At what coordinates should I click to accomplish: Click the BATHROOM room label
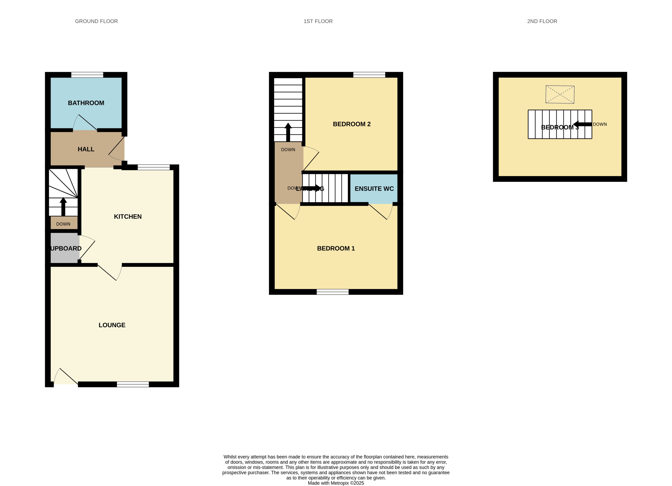pyautogui.click(x=86, y=103)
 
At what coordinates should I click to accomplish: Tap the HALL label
pyautogui.click(x=86, y=149)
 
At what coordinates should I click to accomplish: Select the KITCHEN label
pyautogui.click(x=128, y=217)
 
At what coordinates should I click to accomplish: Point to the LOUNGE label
pyautogui.click(x=112, y=325)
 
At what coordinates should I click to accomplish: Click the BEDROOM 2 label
pyautogui.click(x=352, y=124)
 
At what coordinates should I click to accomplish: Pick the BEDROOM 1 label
pyautogui.click(x=336, y=248)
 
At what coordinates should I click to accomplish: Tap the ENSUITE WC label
pyautogui.click(x=374, y=189)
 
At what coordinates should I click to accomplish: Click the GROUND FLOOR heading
pyautogui.click(x=96, y=21)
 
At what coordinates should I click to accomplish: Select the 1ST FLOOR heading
pyautogui.click(x=318, y=21)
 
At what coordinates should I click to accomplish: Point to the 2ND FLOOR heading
pyautogui.click(x=542, y=21)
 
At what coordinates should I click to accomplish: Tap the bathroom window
pyautogui.click(x=87, y=75)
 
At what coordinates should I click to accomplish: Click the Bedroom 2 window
pyautogui.click(x=369, y=75)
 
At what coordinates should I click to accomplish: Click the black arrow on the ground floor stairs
pyautogui.click(x=63, y=207)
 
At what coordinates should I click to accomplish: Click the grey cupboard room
pyautogui.click(x=65, y=248)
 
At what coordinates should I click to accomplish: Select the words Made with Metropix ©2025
pyautogui.click(x=336, y=483)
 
